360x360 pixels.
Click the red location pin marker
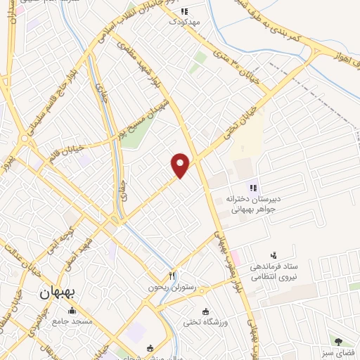pyautogui.click(x=181, y=164)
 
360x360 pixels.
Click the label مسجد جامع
pyautogui.click(x=71, y=321)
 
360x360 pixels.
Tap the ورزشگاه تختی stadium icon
pyautogui.click(x=205, y=311)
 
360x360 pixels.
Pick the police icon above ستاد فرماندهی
pyautogui.click(x=274, y=255)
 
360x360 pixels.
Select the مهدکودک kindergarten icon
pyautogui.click(x=184, y=11)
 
